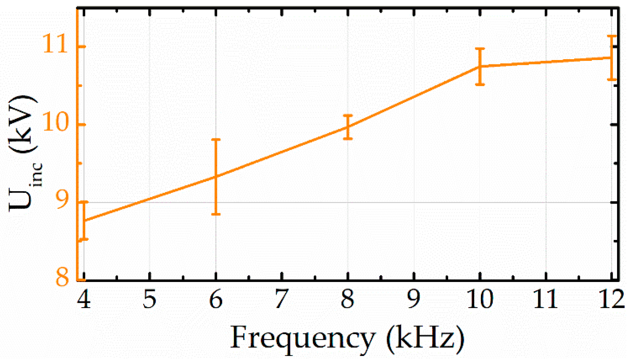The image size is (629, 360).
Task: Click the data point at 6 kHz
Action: [216, 176]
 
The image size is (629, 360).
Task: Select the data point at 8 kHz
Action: [348, 127]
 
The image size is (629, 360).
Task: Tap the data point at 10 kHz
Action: [480, 66]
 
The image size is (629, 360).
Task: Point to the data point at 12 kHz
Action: [611, 58]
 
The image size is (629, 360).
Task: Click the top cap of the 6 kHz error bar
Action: [216, 140]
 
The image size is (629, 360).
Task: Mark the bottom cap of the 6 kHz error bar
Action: [216, 214]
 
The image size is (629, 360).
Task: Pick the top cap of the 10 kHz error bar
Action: [480, 49]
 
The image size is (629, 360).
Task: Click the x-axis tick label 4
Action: [84, 299]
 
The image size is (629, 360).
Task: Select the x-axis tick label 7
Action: [282, 299]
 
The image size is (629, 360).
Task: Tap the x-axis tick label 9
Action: [414, 299]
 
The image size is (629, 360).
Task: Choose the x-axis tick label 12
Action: [611, 299]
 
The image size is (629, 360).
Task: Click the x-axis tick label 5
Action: [150, 299]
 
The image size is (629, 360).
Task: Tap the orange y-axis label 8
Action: [62, 277]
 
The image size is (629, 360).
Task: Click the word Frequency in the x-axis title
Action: [302, 338]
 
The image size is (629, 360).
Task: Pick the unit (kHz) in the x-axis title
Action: [425, 338]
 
